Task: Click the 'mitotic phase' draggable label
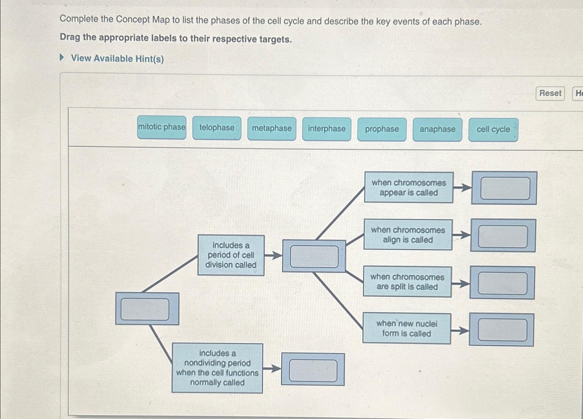click(x=162, y=127)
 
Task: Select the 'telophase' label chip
click(x=217, y=128)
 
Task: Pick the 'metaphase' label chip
click(x=272, y=128)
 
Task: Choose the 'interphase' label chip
click(x=327, y=129)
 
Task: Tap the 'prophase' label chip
click(x=382, y=129)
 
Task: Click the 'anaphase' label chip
click(x=438, y=130)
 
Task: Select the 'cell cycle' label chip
click(x=493, y=130)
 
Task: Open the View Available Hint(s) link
click(x=117, y=59)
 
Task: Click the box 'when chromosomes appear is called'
click(x=408, y=188)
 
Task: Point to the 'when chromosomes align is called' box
click(x=408, y=235)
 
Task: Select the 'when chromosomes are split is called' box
click(x=407, y=282)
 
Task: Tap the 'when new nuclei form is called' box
click(x=407, y=329)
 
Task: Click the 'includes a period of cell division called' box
click(x=231, y=255)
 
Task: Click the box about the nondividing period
click(x=217, y=368)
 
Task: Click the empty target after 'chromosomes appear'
click(x=505, y=188)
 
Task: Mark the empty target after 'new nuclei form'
click(x=502, y=330)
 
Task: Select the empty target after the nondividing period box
click(x=313, y=370)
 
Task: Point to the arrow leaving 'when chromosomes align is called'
click(x=461, y=236)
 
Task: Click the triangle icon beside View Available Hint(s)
click(x=62, y=57)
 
